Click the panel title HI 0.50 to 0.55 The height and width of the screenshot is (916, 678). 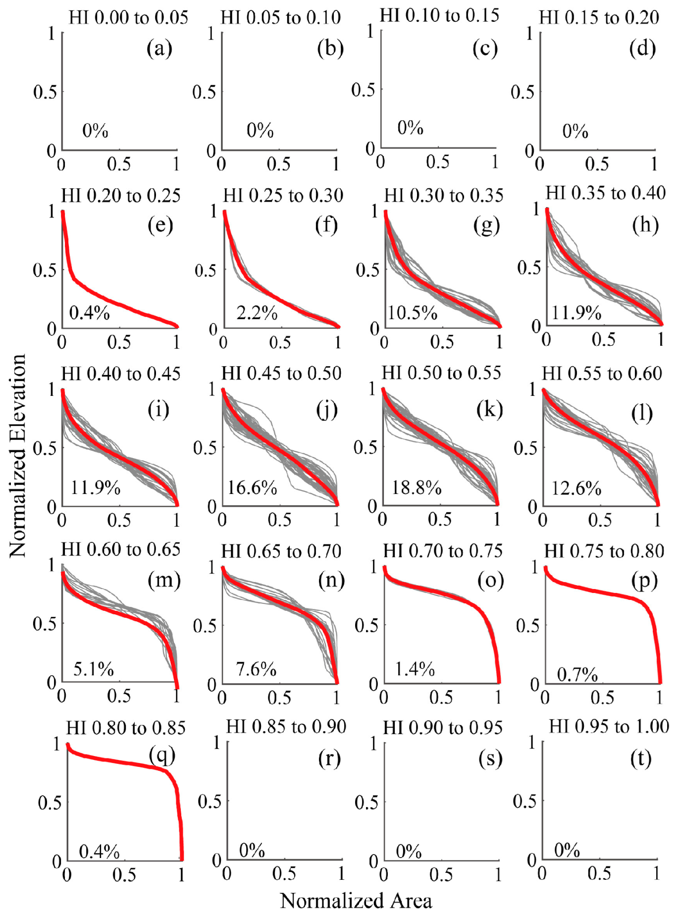click(x=441, y=373)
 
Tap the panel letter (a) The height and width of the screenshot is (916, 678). click(x=159, y=49)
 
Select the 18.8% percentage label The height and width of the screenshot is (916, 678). click(x=417, y=488)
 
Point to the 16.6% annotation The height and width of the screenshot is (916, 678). click(x=252, y=488)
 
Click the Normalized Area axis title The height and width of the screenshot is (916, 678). click(x=356, y=901)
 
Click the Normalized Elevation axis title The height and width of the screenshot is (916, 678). click(x=17, y=456)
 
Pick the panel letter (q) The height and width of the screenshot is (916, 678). click(x=162, y=755)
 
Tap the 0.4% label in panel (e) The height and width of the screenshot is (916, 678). click(x=89, y=313)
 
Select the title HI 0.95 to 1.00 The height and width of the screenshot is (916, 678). click(x=609, y=727)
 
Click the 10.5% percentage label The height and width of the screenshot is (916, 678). click(x=413, y=313)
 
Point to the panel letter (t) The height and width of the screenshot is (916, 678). click(x=641, y=758)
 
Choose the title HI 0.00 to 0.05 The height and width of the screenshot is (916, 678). click(x=128, y=18)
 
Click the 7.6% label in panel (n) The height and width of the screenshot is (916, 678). click(x=256, y=669)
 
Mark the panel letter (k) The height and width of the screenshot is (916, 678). click(x=489, y=410)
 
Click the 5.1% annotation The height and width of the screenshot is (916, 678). click(x=94, y=669)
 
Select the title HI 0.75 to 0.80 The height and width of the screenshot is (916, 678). click(x=604, y=551)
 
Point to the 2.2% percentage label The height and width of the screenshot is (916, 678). click(x=257, y=313)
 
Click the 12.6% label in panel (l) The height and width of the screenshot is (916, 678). click(x=576, y=488)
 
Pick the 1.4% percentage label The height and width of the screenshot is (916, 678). click(x=415, y=669)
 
